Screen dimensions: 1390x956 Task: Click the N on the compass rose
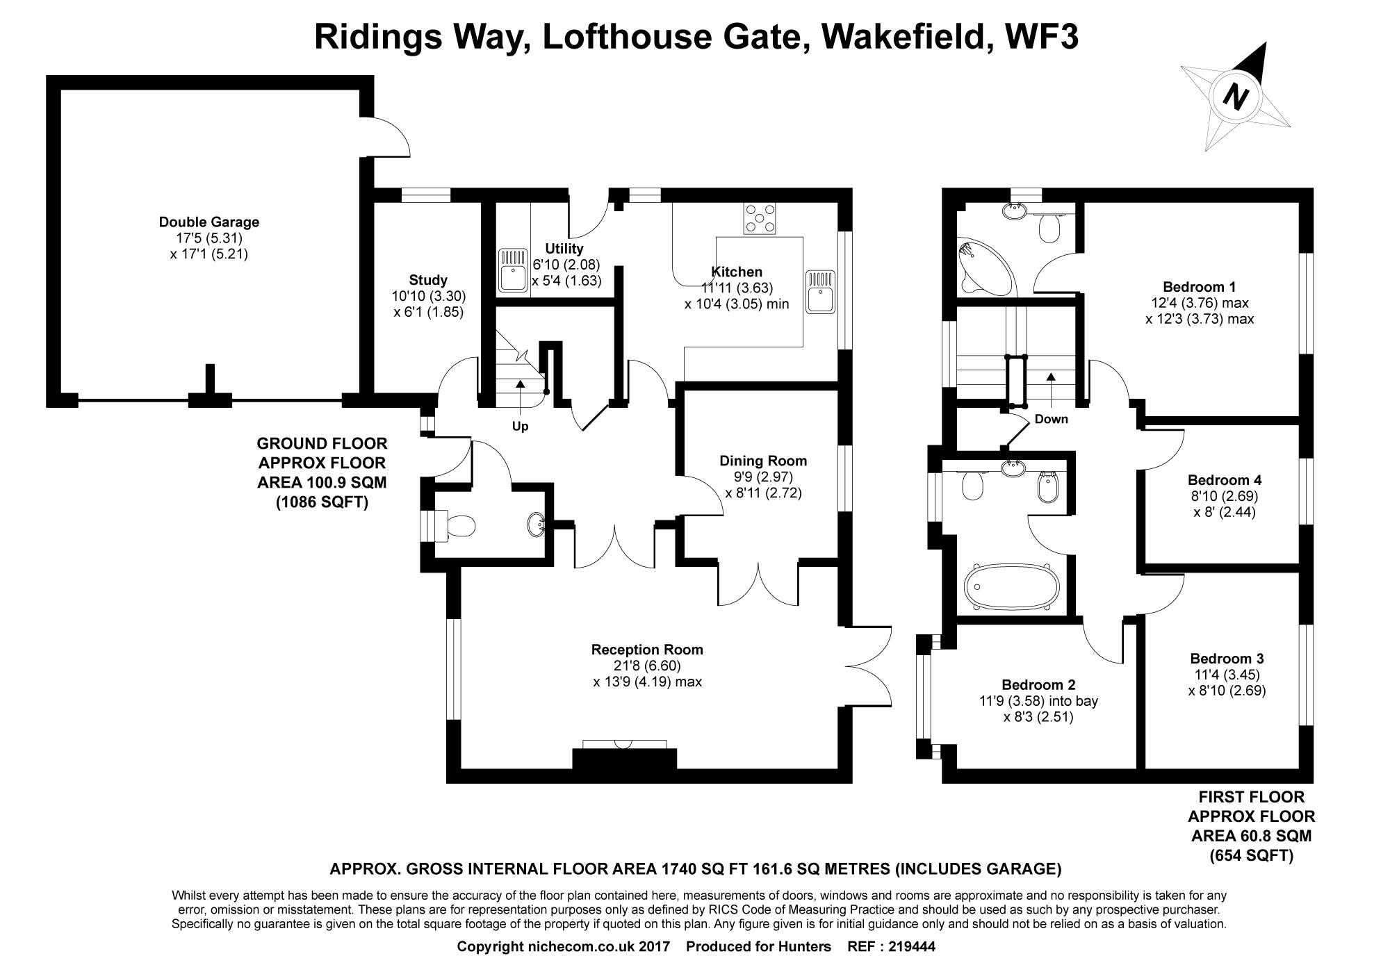1235,96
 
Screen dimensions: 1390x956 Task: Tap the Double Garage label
209,222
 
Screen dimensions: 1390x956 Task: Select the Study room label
428,281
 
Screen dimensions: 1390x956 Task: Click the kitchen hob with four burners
760,217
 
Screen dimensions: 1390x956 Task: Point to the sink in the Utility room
513,270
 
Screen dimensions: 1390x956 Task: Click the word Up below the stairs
520,427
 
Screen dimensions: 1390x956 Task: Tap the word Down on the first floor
1051,419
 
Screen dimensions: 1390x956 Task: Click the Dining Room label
763,461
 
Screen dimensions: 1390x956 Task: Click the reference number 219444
912,946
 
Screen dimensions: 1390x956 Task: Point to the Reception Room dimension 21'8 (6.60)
647,666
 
